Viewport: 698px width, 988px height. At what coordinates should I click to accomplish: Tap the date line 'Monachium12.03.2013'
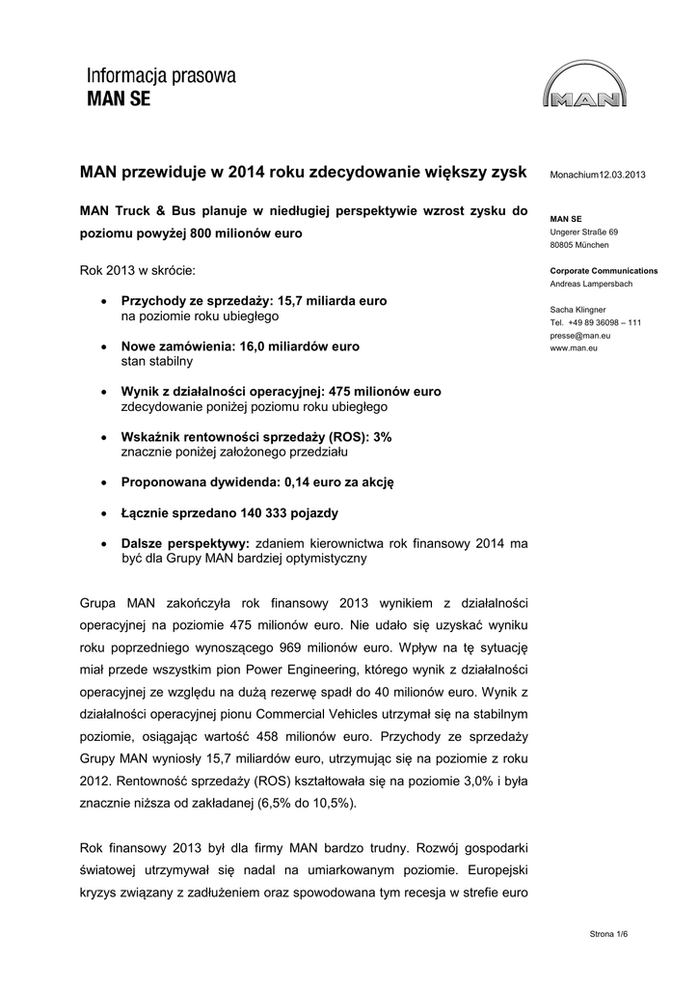pyautogui.click(x=597, y=174)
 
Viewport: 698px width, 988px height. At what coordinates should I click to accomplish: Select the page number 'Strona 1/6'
pyautogui.click(x=615, y=935)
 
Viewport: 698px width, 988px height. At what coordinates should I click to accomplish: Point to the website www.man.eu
pyautogui.click(x=574, y=347)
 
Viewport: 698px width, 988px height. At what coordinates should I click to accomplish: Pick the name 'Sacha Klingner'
pyautogui.click(x=578, y=310)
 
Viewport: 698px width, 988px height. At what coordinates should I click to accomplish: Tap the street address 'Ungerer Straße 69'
pyautogui.click(x=584, y=233)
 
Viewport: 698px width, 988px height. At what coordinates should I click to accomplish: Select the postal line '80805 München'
pyautogui.click(x=578, y=245)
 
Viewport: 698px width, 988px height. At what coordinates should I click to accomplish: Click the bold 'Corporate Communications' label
pyautogui.click(x=604, y=271)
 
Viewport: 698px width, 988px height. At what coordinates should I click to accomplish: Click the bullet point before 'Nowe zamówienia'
pyautogui.click(x=104, y=346)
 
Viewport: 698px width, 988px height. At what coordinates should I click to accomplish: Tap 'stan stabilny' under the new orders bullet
pyautogui.click(x=156, y=361)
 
